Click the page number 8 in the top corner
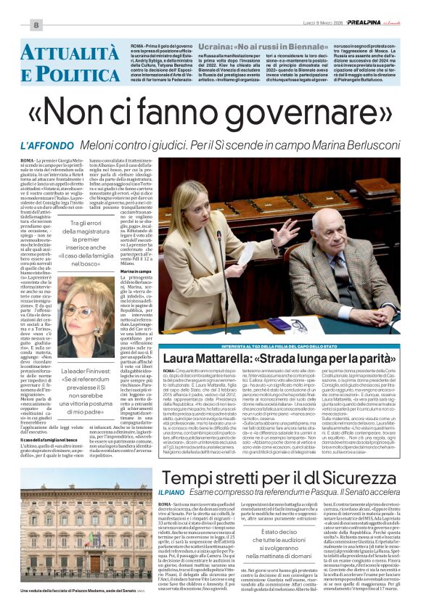tap(34, 25)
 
